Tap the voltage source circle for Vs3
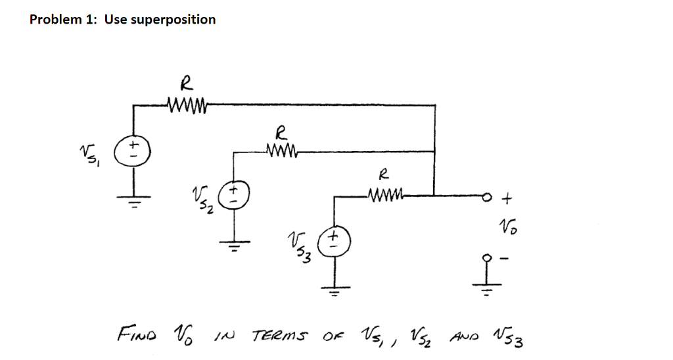334,239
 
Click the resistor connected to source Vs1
188,104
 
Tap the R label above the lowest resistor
384,175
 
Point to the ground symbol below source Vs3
335,290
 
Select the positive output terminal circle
488,196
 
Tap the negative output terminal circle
487,258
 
